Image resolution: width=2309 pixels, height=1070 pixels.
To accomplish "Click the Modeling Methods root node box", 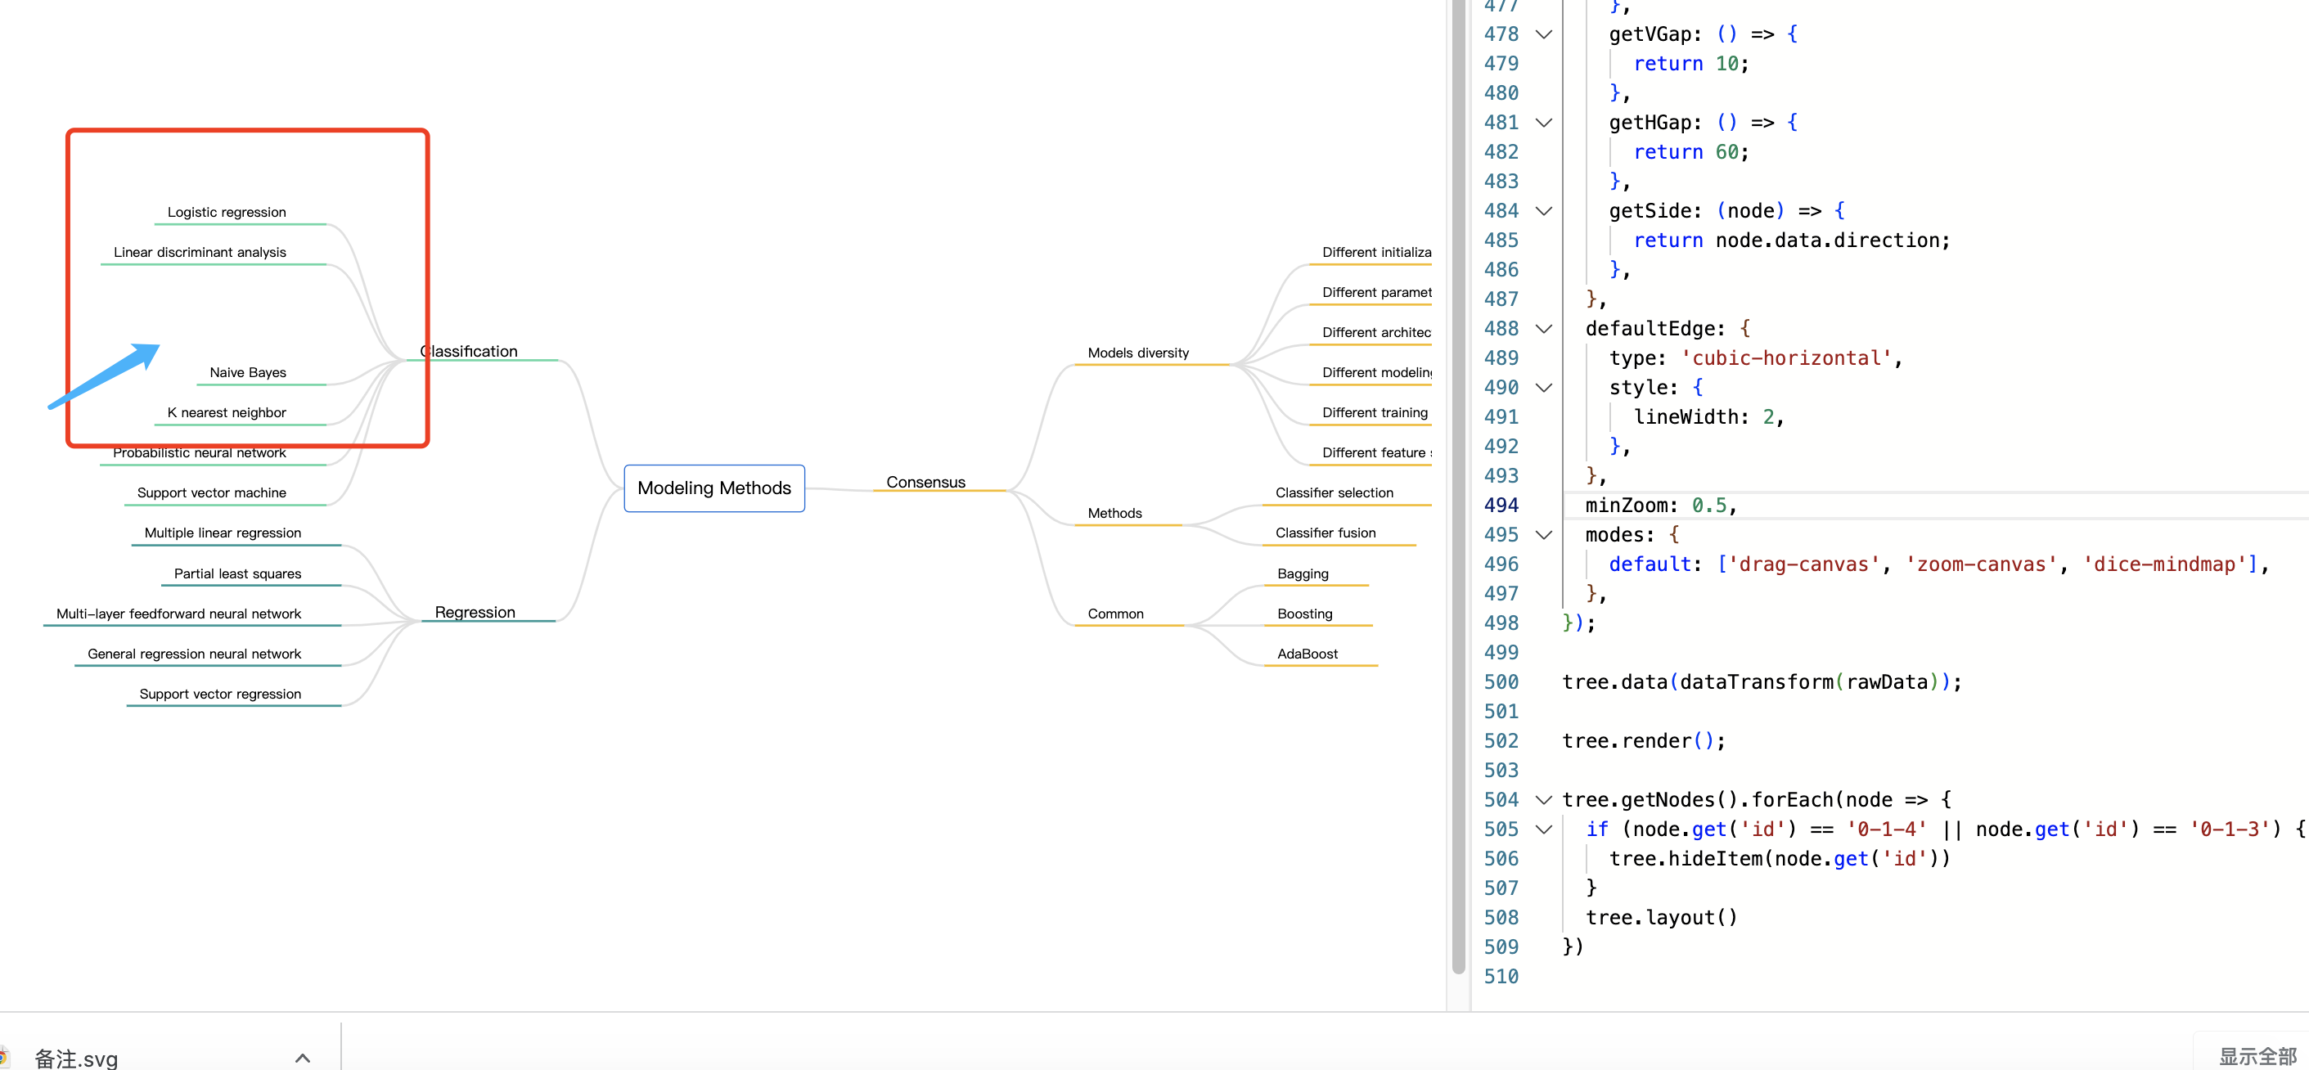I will pos(713,488).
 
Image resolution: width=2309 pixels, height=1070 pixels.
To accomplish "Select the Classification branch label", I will pos(469,351).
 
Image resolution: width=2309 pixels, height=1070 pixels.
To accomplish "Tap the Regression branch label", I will pos(475,612).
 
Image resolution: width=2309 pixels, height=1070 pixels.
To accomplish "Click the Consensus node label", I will pos(925,482).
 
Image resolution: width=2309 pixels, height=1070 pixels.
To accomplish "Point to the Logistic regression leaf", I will pos(227,213).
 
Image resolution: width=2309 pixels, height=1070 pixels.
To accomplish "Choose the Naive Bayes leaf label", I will pos(247,373).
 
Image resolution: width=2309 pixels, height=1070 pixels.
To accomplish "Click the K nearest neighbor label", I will pos(227,412).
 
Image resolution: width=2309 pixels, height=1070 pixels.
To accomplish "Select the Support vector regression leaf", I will pos(219,694).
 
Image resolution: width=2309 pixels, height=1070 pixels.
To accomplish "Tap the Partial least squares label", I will pos(236,573).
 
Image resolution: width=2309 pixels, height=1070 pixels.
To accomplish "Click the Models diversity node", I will pos(1137,353).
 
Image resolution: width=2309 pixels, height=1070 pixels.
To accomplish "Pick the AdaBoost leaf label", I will pos(1307,654).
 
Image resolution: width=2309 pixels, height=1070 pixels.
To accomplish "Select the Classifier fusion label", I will pos(1325,533).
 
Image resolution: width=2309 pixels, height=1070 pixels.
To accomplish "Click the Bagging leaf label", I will pos(1303,573).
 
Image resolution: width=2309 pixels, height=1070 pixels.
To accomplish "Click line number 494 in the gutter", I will pos(1501,506).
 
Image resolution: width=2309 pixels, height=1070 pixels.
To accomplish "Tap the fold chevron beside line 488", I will pos(1543,329).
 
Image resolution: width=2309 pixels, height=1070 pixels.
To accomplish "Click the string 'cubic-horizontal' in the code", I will pos(1785,358).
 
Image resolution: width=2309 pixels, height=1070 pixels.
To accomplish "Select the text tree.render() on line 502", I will pos(1642,741).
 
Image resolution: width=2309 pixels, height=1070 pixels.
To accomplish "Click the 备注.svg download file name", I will pos(76,1059).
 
